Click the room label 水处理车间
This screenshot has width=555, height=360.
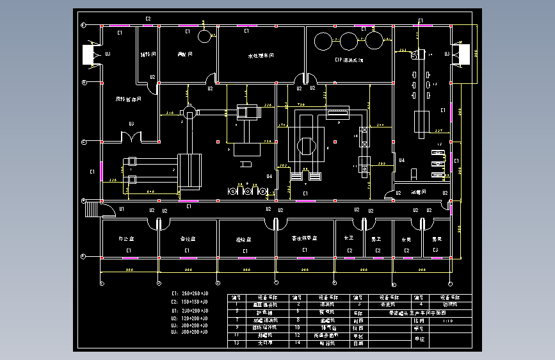261,56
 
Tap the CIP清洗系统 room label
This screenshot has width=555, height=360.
349,60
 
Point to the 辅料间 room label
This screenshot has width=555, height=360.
149,55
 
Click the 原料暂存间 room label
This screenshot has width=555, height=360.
128,99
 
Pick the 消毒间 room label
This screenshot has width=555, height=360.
419,192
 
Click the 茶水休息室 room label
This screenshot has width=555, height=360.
305,238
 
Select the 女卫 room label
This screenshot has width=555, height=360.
350,238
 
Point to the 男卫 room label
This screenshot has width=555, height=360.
377,238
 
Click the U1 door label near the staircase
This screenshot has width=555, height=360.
121,209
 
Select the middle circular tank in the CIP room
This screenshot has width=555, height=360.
348,42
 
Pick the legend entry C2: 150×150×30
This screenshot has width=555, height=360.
190,300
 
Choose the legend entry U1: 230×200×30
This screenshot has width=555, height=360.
190,310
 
